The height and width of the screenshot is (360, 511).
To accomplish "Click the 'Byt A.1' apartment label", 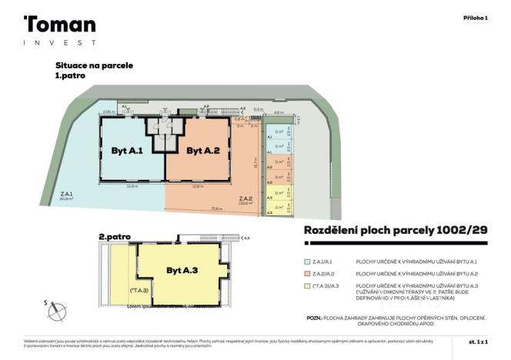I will [127, 151].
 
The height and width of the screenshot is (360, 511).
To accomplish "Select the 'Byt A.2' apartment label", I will [203, 151].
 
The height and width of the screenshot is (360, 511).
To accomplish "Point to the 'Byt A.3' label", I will [182, 270].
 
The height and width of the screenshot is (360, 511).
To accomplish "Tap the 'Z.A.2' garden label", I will [246, 199].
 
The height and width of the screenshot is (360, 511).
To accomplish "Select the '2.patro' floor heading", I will [115, 237].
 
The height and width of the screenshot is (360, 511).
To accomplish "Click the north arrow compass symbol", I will [56, 309].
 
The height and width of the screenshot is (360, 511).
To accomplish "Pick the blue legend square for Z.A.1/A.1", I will [307, 262].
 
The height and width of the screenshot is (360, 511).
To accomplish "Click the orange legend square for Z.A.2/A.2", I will [307, 274].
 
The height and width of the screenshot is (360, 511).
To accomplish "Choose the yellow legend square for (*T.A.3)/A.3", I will [307, 285].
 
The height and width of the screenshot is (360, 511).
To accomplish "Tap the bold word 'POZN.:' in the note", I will [314, 316].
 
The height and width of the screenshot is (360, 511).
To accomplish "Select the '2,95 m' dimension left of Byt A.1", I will [109, 112].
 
